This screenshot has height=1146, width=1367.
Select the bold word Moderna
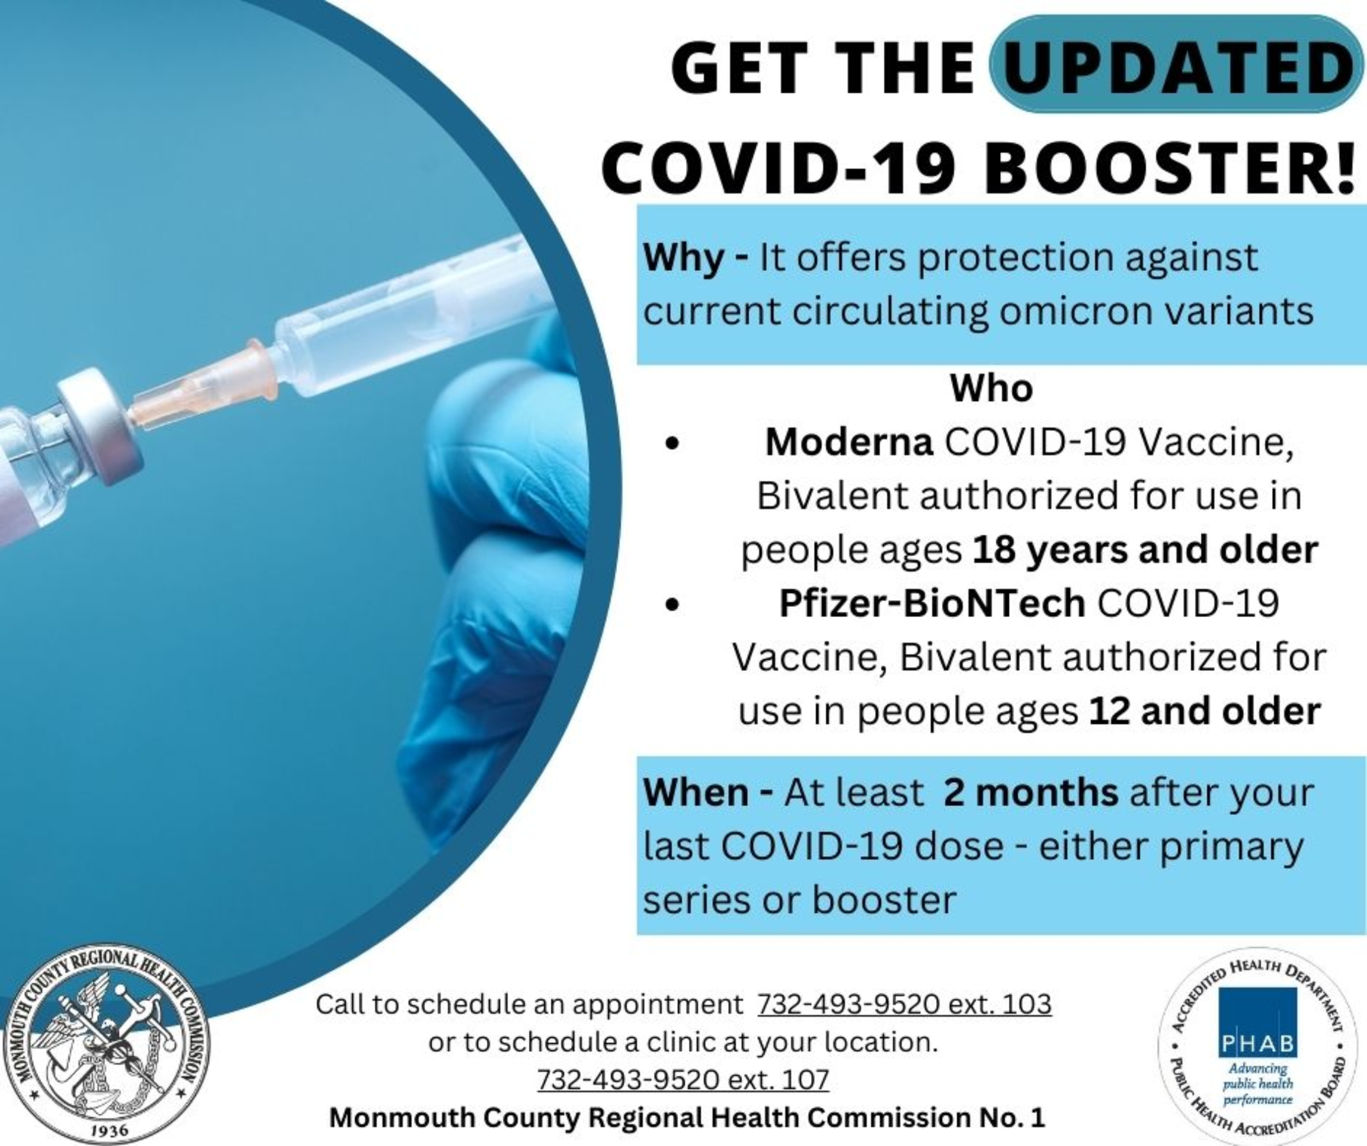point(850,443)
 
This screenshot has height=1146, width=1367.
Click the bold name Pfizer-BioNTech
point(932,602)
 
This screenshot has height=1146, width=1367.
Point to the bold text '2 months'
point(1031,793)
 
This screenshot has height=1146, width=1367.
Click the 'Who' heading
point(991,388)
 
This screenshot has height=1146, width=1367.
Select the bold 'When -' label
point(708,793)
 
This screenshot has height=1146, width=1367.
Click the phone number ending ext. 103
point(904,1004)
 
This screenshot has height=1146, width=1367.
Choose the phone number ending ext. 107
point(683,1079)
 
